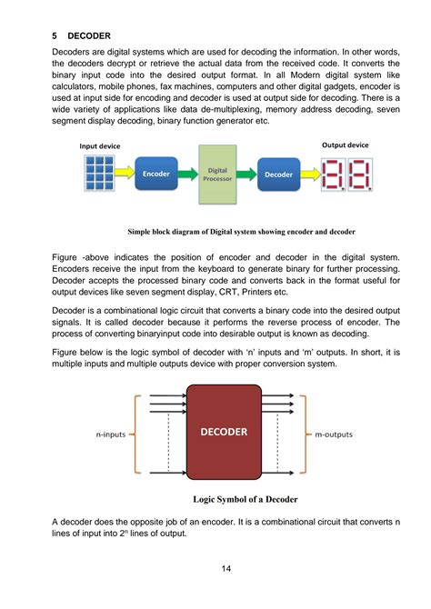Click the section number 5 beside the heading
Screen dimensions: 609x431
click(55, 35)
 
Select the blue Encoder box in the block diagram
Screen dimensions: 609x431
click(156, 173)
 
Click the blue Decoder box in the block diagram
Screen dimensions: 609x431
click(277, 173)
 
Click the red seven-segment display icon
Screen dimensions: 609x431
click(346, 173)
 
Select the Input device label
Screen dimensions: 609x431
click(100, 145)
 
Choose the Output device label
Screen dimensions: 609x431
click(346, 145)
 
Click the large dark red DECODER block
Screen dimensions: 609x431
click(223, 432)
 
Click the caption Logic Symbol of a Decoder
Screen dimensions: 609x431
click(246, 499)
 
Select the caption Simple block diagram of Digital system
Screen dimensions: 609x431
click(241, 232)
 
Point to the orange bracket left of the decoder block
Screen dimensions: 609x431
click(134, 434)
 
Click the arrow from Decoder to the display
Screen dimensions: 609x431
click(310, 173)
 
